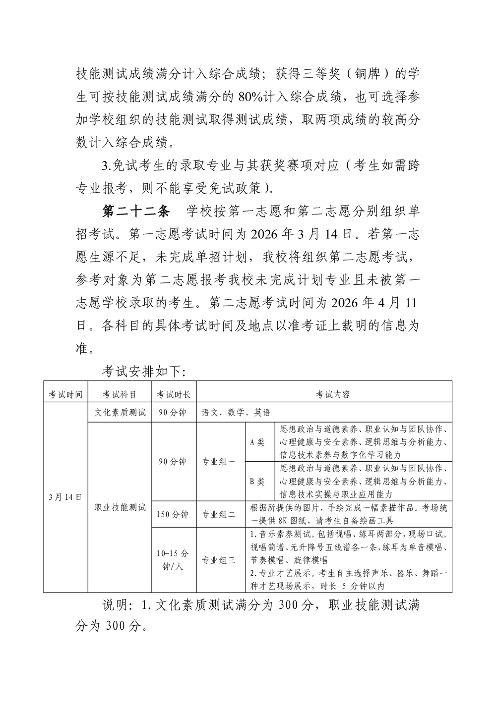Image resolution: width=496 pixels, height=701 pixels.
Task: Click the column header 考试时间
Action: tap(65, 394)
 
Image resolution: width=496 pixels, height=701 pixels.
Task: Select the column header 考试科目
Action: tap(120, 394)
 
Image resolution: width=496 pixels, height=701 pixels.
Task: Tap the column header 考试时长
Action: tap(174, 394)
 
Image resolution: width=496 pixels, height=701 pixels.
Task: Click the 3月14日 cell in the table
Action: tap(65, 497)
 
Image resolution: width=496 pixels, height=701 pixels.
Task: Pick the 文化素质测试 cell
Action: tap(120, 412)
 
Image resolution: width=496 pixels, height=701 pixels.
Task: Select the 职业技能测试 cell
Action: tap(120, 507)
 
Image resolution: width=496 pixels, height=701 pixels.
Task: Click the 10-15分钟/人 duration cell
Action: tap(174, 560)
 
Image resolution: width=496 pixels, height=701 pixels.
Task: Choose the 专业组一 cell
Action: tap(219, 461)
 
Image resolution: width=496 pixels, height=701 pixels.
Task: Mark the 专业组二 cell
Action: tap(219, 514)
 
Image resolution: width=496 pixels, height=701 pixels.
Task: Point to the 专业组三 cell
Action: tap(219, 560)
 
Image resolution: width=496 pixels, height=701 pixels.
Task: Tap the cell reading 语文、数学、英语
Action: tap(236, 412)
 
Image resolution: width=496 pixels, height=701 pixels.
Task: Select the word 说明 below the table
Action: tap(116, 605)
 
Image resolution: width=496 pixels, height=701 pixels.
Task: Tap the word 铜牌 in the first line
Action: tap(366, 74)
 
